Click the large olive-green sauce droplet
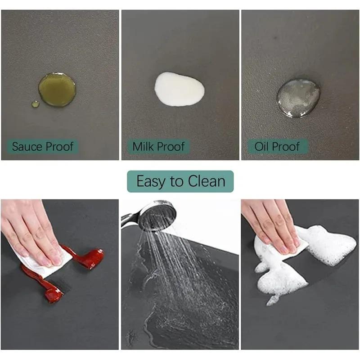coord(57,90)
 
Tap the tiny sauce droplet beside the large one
coord(35,104)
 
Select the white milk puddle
coord(179,89)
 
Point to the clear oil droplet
coord(298,98)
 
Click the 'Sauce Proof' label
coord(43,147)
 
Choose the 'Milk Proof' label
coord(158,147)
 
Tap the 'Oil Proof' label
coord(277,147)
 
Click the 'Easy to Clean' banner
coord(180,181)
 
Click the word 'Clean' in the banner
coord(206,181)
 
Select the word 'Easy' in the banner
coord(151,181)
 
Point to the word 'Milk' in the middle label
coord(144,147)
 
